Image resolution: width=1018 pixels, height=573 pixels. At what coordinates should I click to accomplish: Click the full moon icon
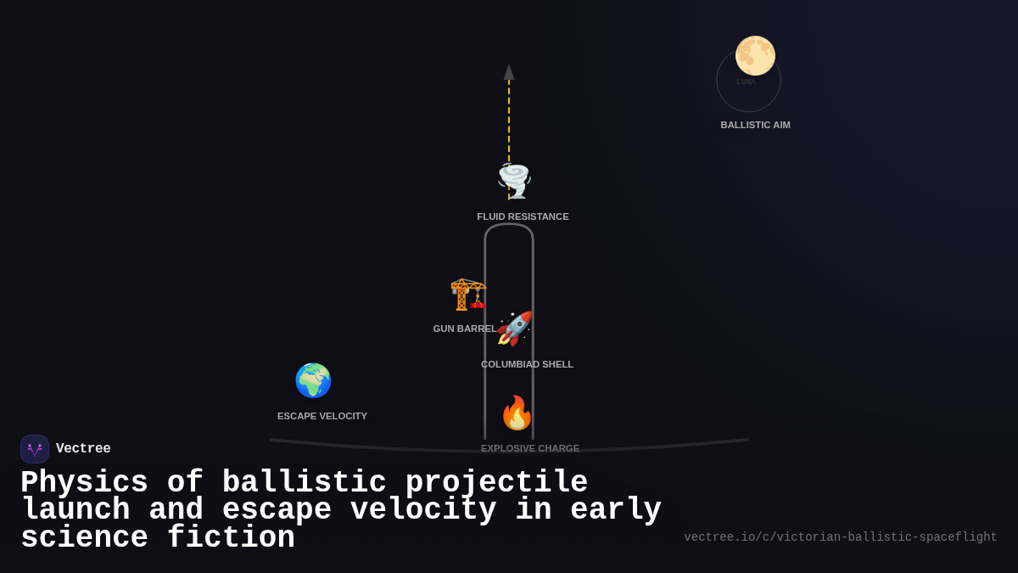(x=755, y=56)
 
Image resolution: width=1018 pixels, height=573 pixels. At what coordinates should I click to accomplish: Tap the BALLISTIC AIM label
(x=755, y=125)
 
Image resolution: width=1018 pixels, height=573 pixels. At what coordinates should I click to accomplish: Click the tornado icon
(x=514, y=181)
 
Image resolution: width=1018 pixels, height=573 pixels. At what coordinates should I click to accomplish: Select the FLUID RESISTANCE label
(x=523, y=216)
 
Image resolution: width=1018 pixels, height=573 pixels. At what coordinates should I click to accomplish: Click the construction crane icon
(x=467, y=294)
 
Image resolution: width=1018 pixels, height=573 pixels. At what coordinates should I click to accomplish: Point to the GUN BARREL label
(x=464, y=329)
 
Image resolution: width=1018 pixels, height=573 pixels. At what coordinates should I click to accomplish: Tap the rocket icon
(x=515, y=329)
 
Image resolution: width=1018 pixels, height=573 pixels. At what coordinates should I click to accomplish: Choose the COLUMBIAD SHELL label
(x=527, y=364)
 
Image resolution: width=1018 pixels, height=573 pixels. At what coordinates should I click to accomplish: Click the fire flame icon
(x=517, y=413)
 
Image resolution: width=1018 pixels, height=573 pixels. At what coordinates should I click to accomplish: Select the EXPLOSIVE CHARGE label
(x=530, y=448)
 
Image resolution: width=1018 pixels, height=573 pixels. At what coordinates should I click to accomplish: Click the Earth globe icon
(x=313, y=380)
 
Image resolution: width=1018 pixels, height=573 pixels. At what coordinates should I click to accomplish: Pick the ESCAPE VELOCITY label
(x=322, y=416)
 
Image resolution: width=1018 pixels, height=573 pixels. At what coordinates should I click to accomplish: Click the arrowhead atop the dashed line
(x=509, y=72)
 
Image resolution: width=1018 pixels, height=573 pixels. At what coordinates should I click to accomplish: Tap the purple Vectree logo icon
(x=35, y=449)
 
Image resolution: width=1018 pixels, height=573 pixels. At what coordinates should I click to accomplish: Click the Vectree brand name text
(x=83, y=449)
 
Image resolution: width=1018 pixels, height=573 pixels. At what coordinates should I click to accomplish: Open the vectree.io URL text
(x=840, y=537)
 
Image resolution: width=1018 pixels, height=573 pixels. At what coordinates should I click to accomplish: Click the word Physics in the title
(x=84, y=482)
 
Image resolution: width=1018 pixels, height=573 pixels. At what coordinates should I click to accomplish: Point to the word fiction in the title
(x=231, y=538)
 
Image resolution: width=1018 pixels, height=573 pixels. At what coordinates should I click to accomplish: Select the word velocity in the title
(x=423, y=510)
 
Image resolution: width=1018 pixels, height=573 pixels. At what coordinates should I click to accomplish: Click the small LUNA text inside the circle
(x=747, y=81)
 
